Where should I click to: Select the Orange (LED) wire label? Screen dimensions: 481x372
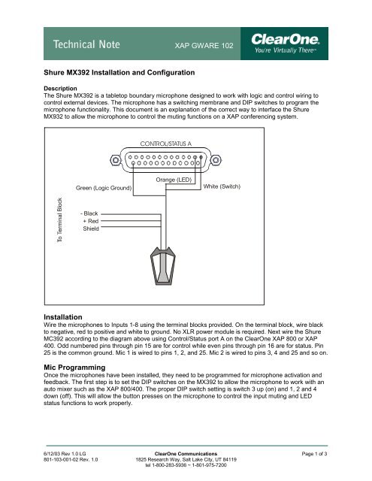click(x=177, y=180)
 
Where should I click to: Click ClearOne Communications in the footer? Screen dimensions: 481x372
click(x=186, y=455)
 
